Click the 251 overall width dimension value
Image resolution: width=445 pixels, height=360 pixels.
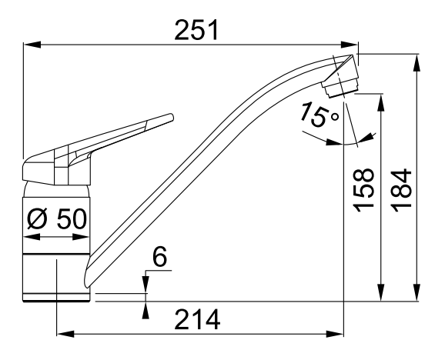pyautogui.click(x=196, y=30)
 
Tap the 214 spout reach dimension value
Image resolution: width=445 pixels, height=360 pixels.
pyautogui.click(x=197, y=319)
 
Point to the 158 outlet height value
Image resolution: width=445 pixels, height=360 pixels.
pyautogui.click(x=363, y=191)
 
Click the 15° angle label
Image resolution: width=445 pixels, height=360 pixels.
pyautogui.click(x=320, y=115)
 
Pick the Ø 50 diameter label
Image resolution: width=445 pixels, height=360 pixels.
pyautogui.click(x=57, y=218)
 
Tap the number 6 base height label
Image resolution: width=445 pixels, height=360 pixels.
pyautogui.click(x=160, y=256)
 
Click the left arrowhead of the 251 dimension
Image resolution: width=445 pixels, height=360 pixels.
pyautogui.click(x=32, y=45)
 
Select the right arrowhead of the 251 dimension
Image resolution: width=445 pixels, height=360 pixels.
pyautogui.click(x=350, y=45)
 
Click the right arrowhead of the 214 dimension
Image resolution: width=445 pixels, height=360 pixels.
pyautogui.click(x=335, y=334)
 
